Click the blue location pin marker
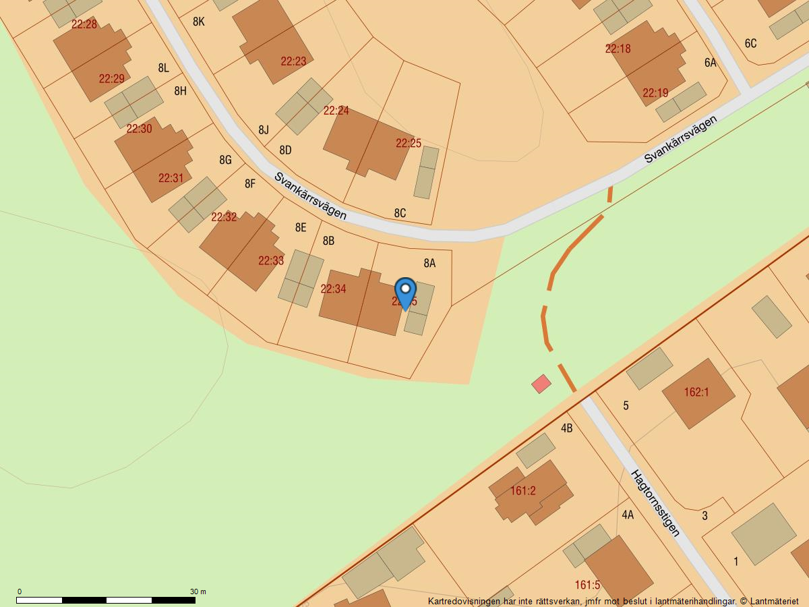(x=405, y=292)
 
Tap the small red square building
(x=541, y=384)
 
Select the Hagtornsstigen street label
(x=655, y=502)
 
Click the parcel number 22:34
(x=333, y=289)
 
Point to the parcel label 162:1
(x=696, y=392)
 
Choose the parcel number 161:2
(x=522, y=491)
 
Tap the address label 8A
(x=429, y=263)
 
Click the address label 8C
(x=400, y=213)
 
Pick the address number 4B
(x=566, y=428)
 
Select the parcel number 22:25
(x=409, y=143)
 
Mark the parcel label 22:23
(x=293, y=61)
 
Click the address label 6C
(x=750, y=43)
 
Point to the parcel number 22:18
(x=618, y=49)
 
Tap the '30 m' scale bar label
(x=198, y=591)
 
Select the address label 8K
(x=198, y=22)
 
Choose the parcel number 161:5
(x=587, y=585)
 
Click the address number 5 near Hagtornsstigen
(x=626, y=405)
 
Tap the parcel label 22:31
(x=171, y=178)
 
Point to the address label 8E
(x=301, y=227)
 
